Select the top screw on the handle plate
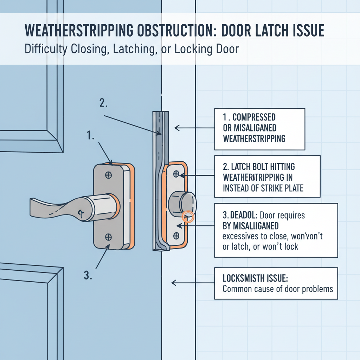(109, 175)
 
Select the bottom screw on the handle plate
(109, 237)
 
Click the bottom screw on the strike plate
(176, 235)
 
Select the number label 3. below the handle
(89, 276)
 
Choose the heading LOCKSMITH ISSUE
(255, 278)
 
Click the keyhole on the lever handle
(81, 212)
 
